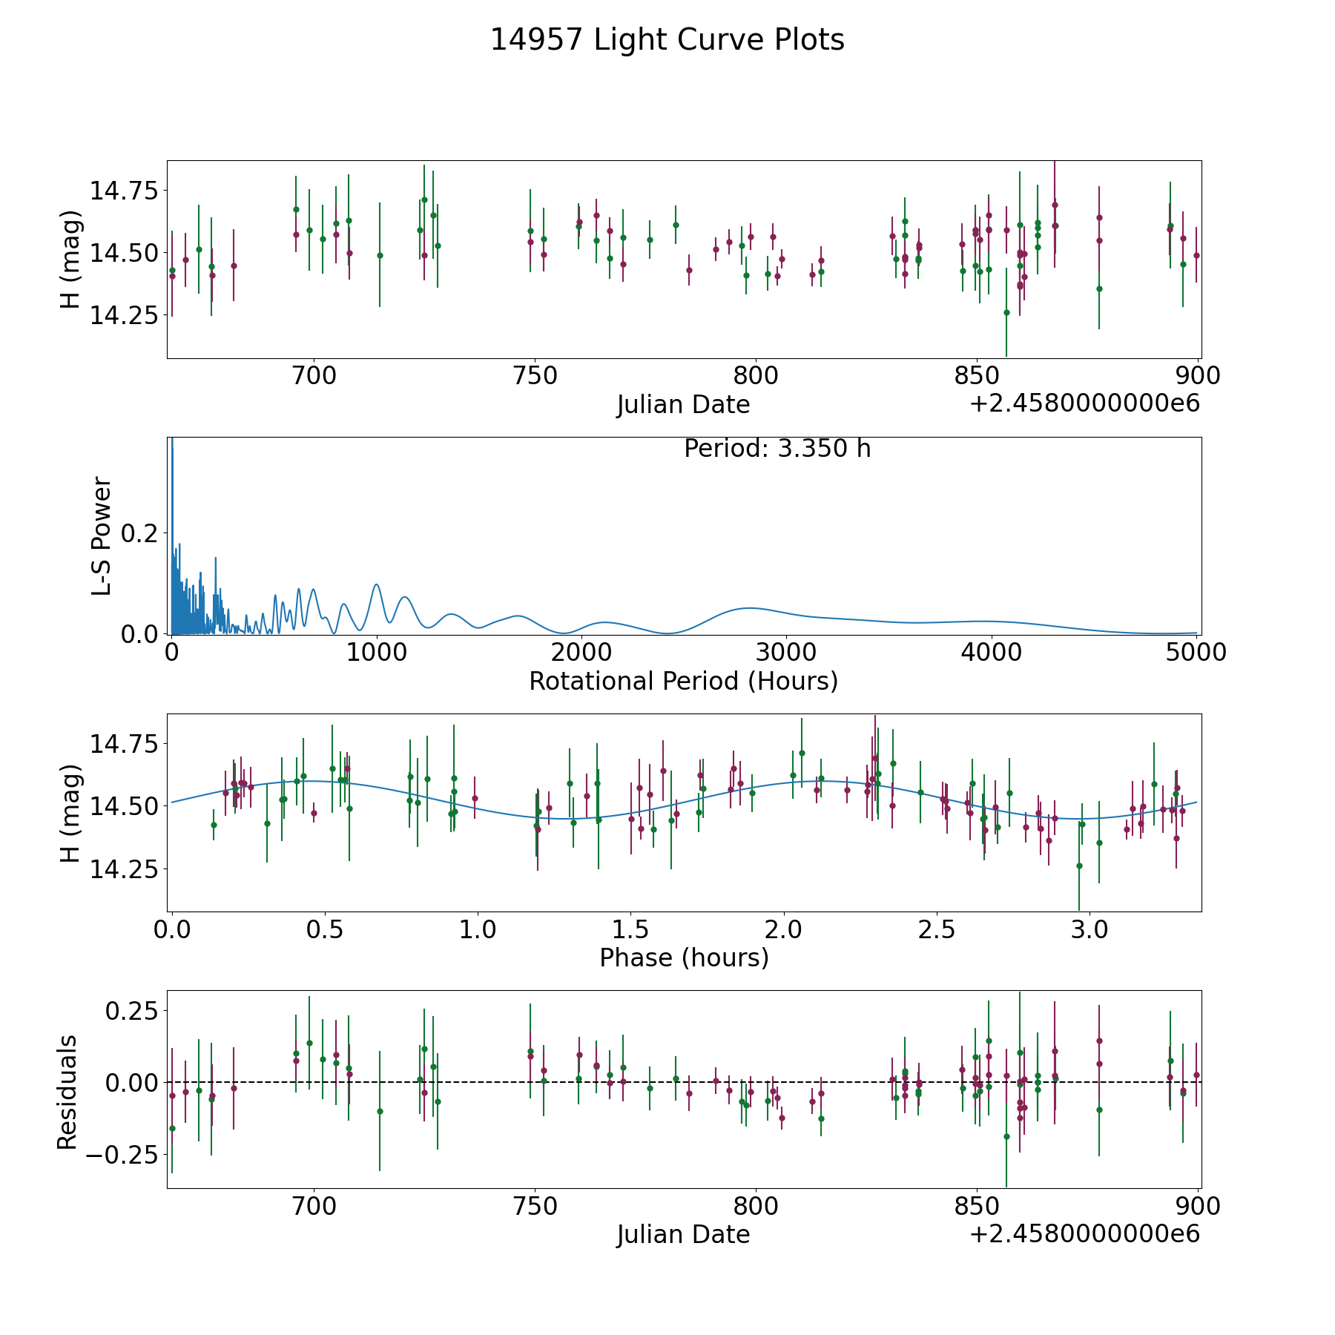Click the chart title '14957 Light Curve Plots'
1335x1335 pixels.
pos(667,40)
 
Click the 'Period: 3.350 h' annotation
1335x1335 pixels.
pos(777,449)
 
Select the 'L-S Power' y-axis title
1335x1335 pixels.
pos(102,536)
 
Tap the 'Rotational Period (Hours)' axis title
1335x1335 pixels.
pos(684,681)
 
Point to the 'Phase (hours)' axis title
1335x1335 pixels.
pos(684,958)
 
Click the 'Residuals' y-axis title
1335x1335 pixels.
pos(67,1092)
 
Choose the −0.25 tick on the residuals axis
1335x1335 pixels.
pos(122,1155)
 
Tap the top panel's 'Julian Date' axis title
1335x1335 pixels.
pos(684,405)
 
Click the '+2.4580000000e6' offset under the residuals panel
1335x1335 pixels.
pos(1084,1233)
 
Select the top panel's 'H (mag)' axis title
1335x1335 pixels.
pos(69,260)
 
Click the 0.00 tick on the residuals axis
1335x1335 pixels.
pos(132,1083)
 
